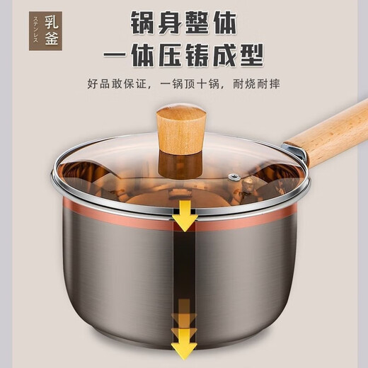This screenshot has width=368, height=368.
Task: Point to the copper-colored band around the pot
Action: pyautogui.click(x=106, y=210)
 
